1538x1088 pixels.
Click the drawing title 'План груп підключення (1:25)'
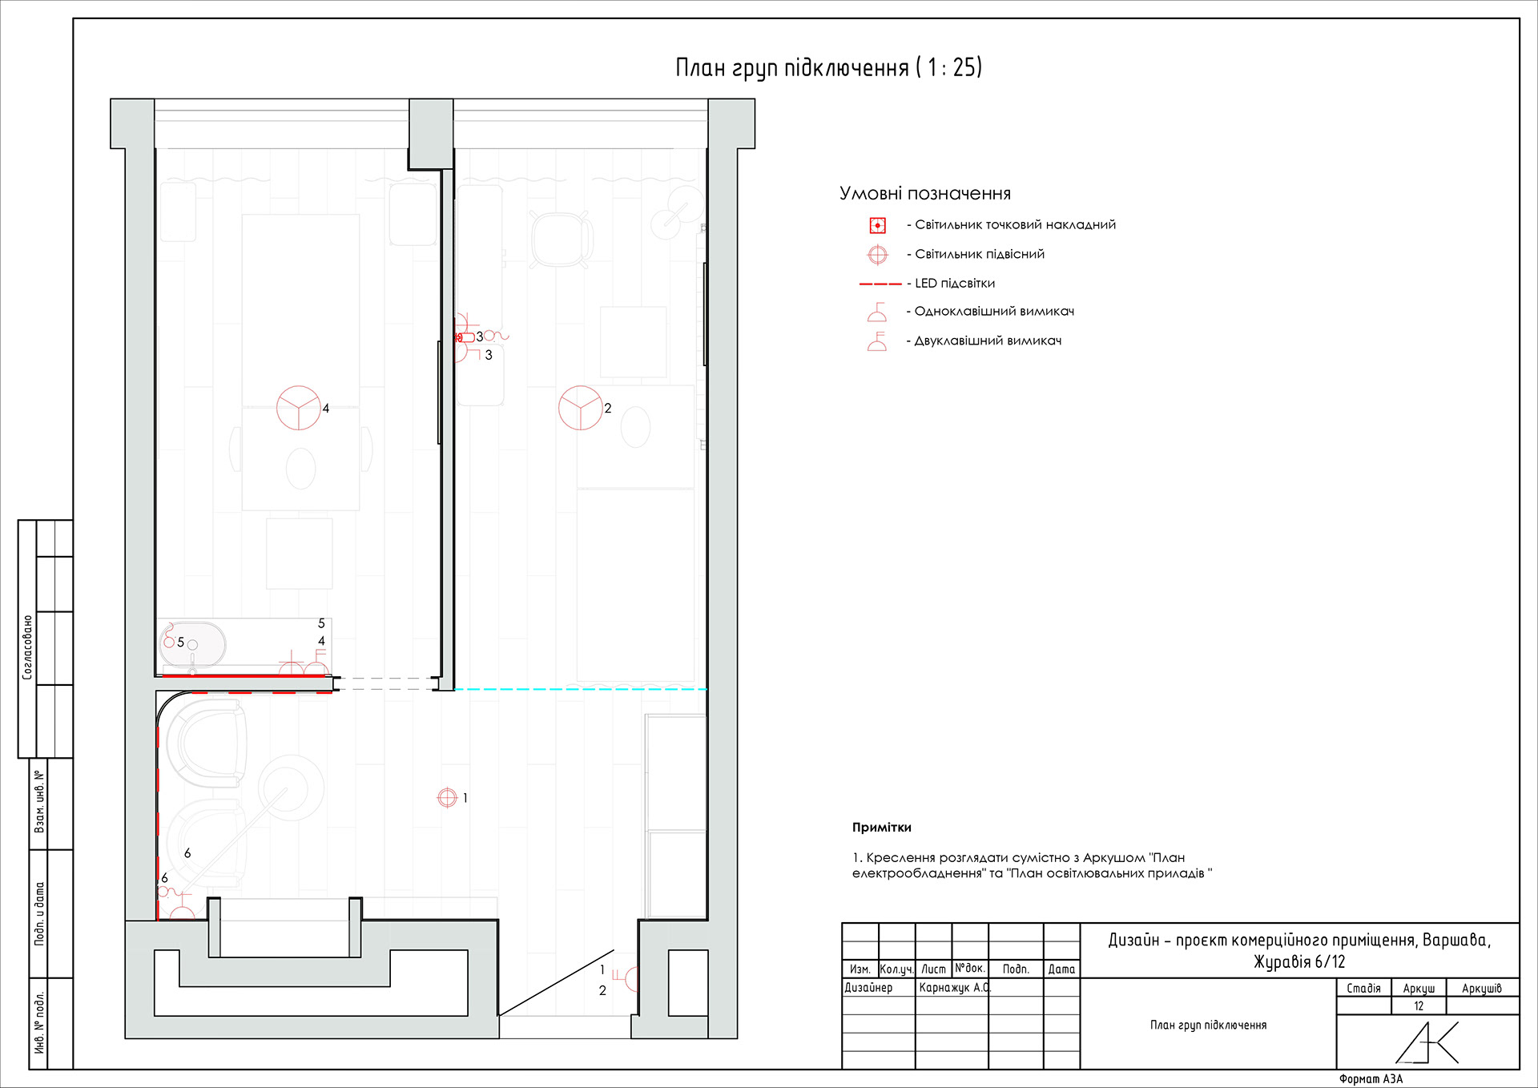828,67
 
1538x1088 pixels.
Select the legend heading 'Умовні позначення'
925,193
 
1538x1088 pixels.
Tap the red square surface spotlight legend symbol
878,225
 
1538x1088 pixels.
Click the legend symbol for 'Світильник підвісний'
878,255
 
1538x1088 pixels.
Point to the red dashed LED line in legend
880,284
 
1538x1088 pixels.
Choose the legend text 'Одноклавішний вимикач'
994,312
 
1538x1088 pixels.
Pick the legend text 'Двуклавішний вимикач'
988,341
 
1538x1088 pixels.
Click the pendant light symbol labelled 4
299,408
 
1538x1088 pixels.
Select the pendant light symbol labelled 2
581,408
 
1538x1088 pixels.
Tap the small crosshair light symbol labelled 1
447,797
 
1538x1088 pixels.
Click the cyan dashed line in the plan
581,689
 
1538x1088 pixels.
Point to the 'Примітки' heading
882,828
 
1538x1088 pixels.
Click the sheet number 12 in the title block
1419,1006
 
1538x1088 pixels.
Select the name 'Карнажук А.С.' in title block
955,988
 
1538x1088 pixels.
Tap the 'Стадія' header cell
1363,989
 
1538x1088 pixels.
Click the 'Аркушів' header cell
1482,989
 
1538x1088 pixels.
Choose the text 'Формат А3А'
1371,1079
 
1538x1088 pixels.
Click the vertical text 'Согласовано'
28,647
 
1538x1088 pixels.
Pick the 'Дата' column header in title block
1061,969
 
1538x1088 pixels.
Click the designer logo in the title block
1427,1042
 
